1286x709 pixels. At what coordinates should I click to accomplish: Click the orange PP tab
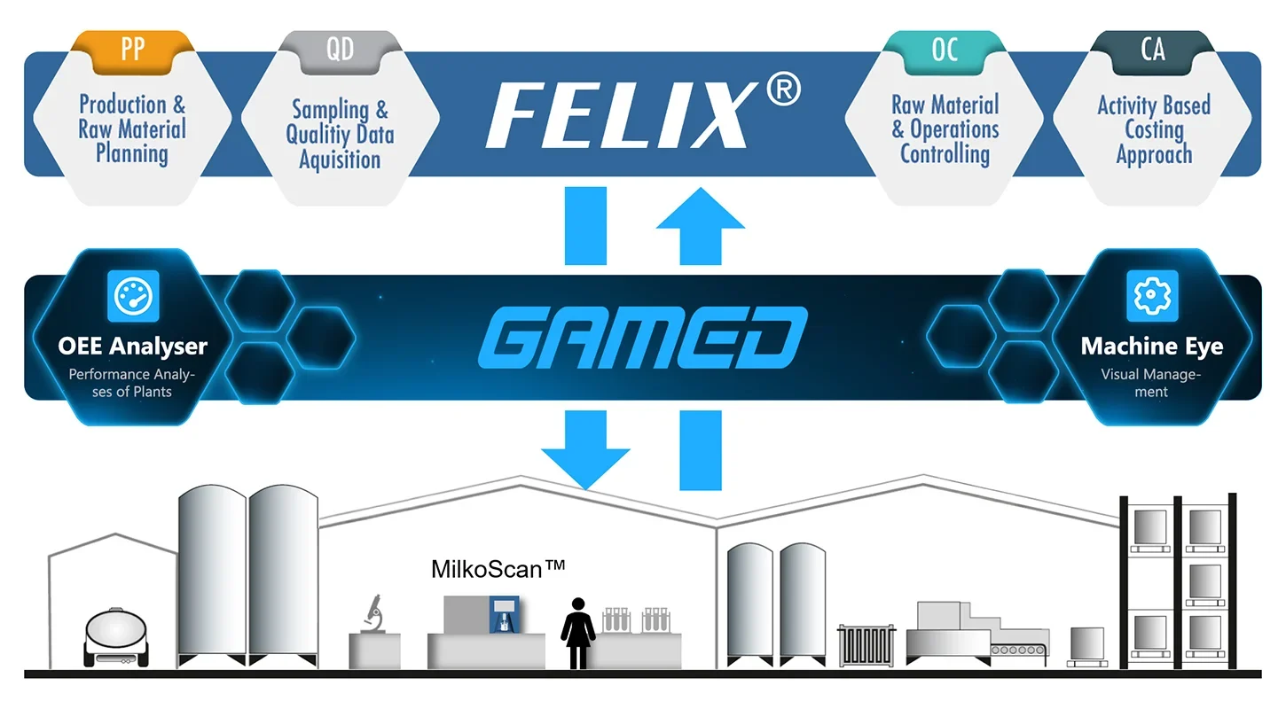click(132, 48)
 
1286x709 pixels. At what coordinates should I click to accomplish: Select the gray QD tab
click(340, 50)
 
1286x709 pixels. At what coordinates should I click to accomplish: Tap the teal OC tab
click(945, 50)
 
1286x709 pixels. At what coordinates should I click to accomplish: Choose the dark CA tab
click(1152, 49)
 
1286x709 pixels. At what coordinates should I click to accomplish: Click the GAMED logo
click(642, 338)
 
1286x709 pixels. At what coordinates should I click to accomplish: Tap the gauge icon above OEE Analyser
click(132, 296)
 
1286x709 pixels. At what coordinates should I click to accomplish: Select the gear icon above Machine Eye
click(1151, 296)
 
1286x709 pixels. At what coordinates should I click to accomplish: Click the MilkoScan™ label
click(498, 568)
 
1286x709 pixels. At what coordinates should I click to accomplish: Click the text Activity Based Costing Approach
click(1153, 129)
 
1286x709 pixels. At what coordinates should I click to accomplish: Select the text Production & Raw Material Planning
click(132, 129)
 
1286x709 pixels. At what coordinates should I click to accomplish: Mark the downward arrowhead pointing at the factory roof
click(585, 465)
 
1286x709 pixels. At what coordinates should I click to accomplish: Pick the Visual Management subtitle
click(1151, 383)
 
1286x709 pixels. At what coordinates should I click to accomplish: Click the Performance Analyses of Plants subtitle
click(132, 383)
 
